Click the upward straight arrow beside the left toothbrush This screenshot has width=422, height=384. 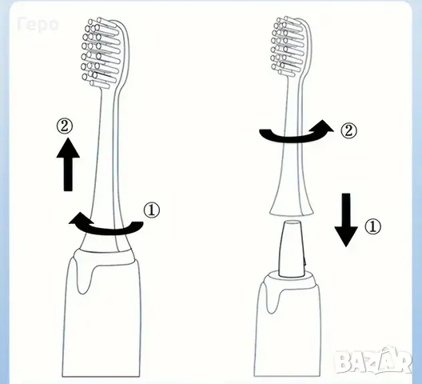tap(68, 164)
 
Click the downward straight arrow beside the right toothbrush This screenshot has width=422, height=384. tap(346, 220)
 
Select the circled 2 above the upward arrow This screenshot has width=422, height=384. tap(65, 126)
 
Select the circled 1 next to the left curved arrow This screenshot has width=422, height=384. tap(152, 210)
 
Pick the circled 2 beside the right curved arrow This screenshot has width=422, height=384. tap(348, 131)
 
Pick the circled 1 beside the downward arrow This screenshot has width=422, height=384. tap(372, 226)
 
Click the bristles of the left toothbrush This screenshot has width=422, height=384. tap(100, 53)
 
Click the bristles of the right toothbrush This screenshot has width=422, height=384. tap(287, 46)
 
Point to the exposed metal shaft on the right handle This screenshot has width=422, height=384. tap(293, 249)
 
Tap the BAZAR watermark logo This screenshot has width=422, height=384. tap(373, 360)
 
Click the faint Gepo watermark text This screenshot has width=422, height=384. tap(38, 25)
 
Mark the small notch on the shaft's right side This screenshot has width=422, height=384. tap(305, 262)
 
